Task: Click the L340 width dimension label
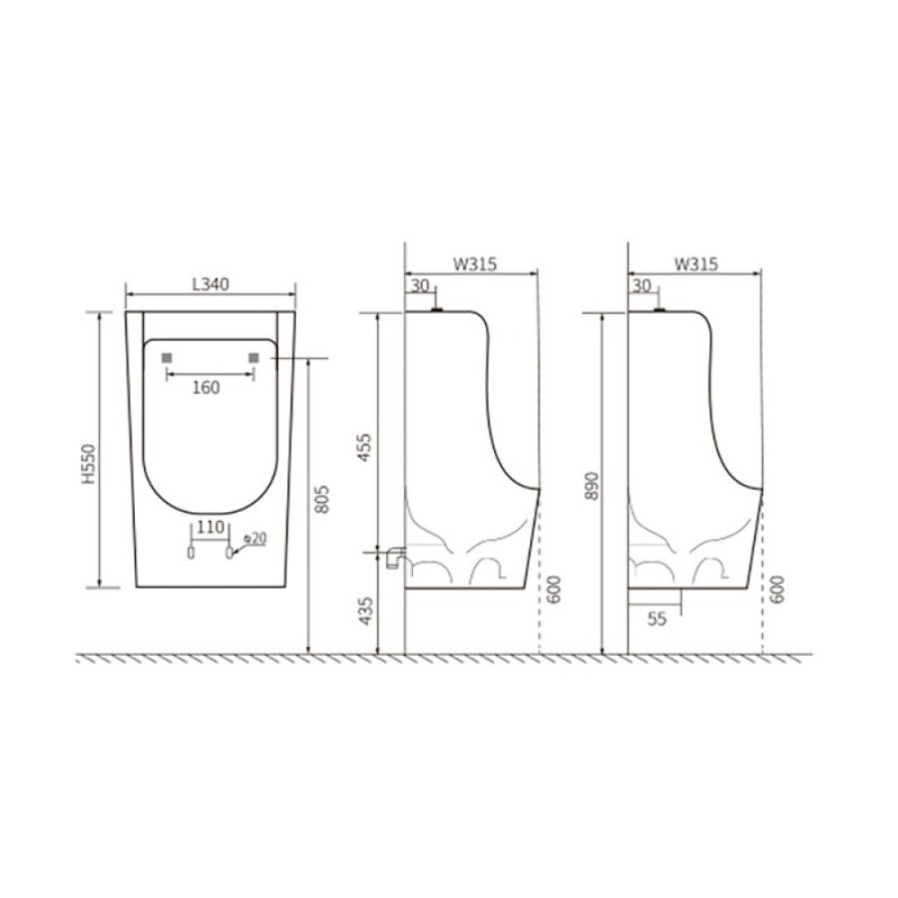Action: [211, 284]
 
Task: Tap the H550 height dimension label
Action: [89, 464]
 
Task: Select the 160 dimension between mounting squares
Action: [206, 388]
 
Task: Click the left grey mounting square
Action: [167, 358]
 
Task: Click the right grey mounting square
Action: [253, 358]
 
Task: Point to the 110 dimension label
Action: [211, 527]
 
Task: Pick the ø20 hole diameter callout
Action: [254, 539]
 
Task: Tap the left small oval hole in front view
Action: [192, 553]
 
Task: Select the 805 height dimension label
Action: [322, 500]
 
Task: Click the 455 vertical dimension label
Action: [364, 448]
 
